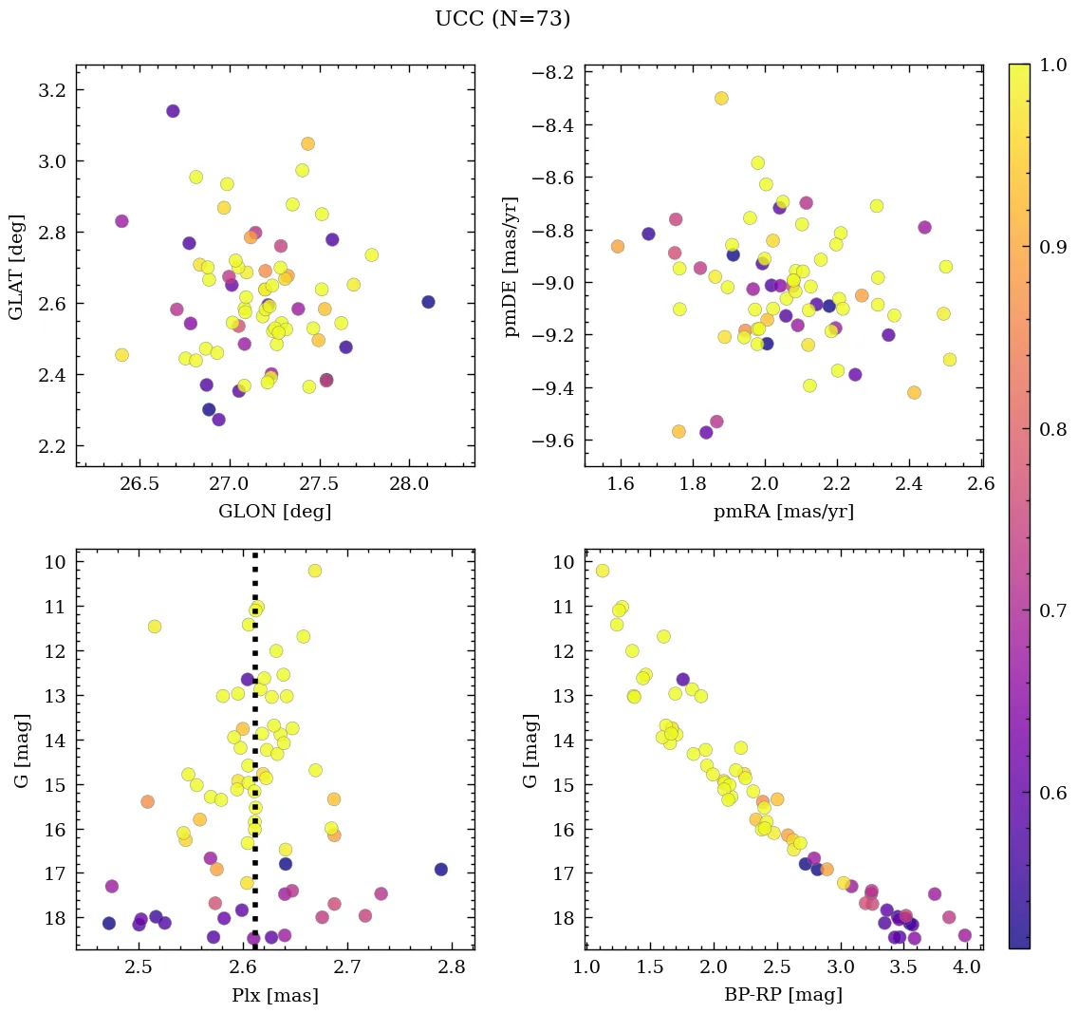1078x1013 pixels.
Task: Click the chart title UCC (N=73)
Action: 502,19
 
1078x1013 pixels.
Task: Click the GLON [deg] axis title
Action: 274,512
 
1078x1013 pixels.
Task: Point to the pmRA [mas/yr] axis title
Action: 783,512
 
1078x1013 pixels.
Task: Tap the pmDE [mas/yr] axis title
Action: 512,266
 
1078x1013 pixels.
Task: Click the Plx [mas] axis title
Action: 274,995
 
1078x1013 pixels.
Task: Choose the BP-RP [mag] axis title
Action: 783,995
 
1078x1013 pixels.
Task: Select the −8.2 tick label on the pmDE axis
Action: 549,73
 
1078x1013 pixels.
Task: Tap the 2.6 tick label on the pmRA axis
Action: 981,485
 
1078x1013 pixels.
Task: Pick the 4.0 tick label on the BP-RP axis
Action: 967,967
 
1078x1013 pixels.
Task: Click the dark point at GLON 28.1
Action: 428,302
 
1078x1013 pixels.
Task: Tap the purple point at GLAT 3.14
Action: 173,111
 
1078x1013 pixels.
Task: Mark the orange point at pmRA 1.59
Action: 618,247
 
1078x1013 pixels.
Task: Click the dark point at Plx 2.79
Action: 440,869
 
